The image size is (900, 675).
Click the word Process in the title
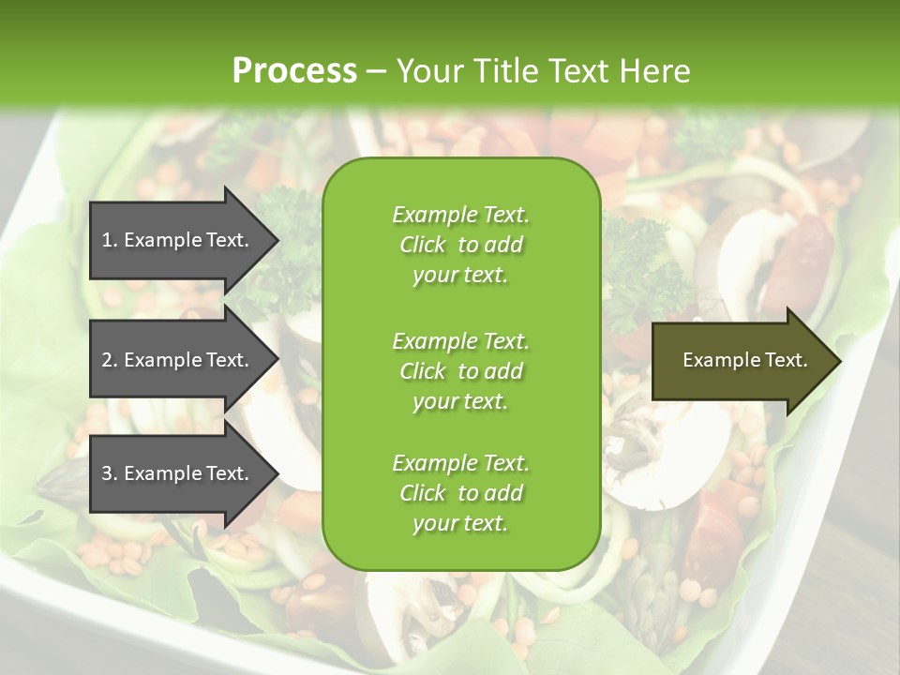click(294, 71)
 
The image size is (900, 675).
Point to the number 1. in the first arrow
click(109, 240)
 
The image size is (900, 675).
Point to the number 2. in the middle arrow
click(109, 360)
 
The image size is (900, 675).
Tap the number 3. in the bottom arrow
click(109, 473)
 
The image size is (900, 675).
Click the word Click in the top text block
click(422, 245)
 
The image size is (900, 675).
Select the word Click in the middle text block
click(422, 371)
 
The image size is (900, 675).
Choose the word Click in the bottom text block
click(422, 493)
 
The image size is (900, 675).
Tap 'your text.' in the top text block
click(460, 276)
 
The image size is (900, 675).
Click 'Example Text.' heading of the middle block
click(460, 341)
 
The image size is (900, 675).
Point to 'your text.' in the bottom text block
click(460, 524)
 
